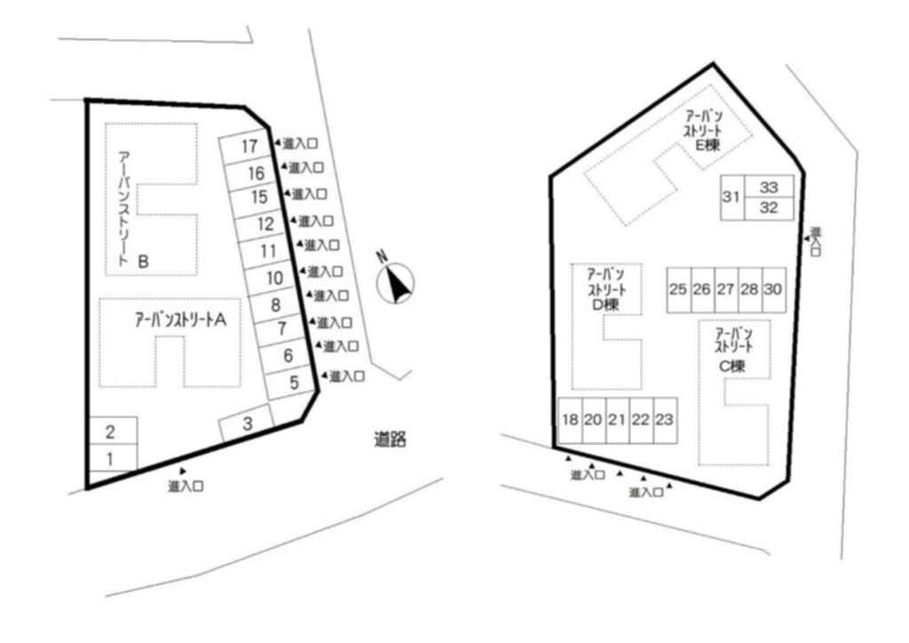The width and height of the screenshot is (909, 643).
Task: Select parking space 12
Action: click(265, 225)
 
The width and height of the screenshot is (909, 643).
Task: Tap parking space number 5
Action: click(294, 385)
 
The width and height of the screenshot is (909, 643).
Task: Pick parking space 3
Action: click(249, 424)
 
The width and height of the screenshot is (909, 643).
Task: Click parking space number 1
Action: click(111, 458)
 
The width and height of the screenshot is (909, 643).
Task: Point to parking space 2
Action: click(111, 433)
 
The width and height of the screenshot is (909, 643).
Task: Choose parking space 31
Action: click(731, 197)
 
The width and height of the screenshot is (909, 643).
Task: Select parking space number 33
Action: click(769, 187)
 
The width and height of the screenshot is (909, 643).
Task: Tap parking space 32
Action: click(769, 209)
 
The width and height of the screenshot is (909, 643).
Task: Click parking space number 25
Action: click(678, 290)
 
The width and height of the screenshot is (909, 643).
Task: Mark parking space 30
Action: click(773, 290)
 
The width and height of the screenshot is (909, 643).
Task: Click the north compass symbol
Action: click(395, 282)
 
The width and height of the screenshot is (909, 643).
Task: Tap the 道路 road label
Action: click(390, 439)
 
